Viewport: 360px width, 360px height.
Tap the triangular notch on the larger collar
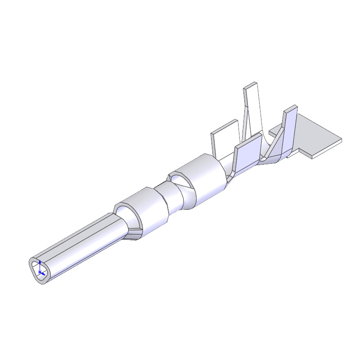coord(182,182)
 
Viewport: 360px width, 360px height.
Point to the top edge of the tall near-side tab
coord(291,108)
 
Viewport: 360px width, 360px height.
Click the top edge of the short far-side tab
coord(224,126)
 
